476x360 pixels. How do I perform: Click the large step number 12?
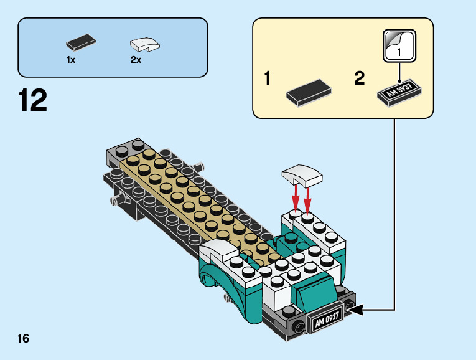[33, 101]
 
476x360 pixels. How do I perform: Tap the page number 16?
[24, 339]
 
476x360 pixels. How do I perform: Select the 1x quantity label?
[71, 60]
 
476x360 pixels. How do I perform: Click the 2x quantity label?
[136, 60]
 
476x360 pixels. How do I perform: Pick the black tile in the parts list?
[80, 44]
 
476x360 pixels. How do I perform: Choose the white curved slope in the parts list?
[144, 45]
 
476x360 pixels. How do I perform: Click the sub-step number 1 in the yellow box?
[268, 80]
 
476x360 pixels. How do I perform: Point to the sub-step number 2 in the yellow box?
[359, 79]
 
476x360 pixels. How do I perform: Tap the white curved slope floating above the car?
[303, 175]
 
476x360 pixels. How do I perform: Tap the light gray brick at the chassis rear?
[119, 148]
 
